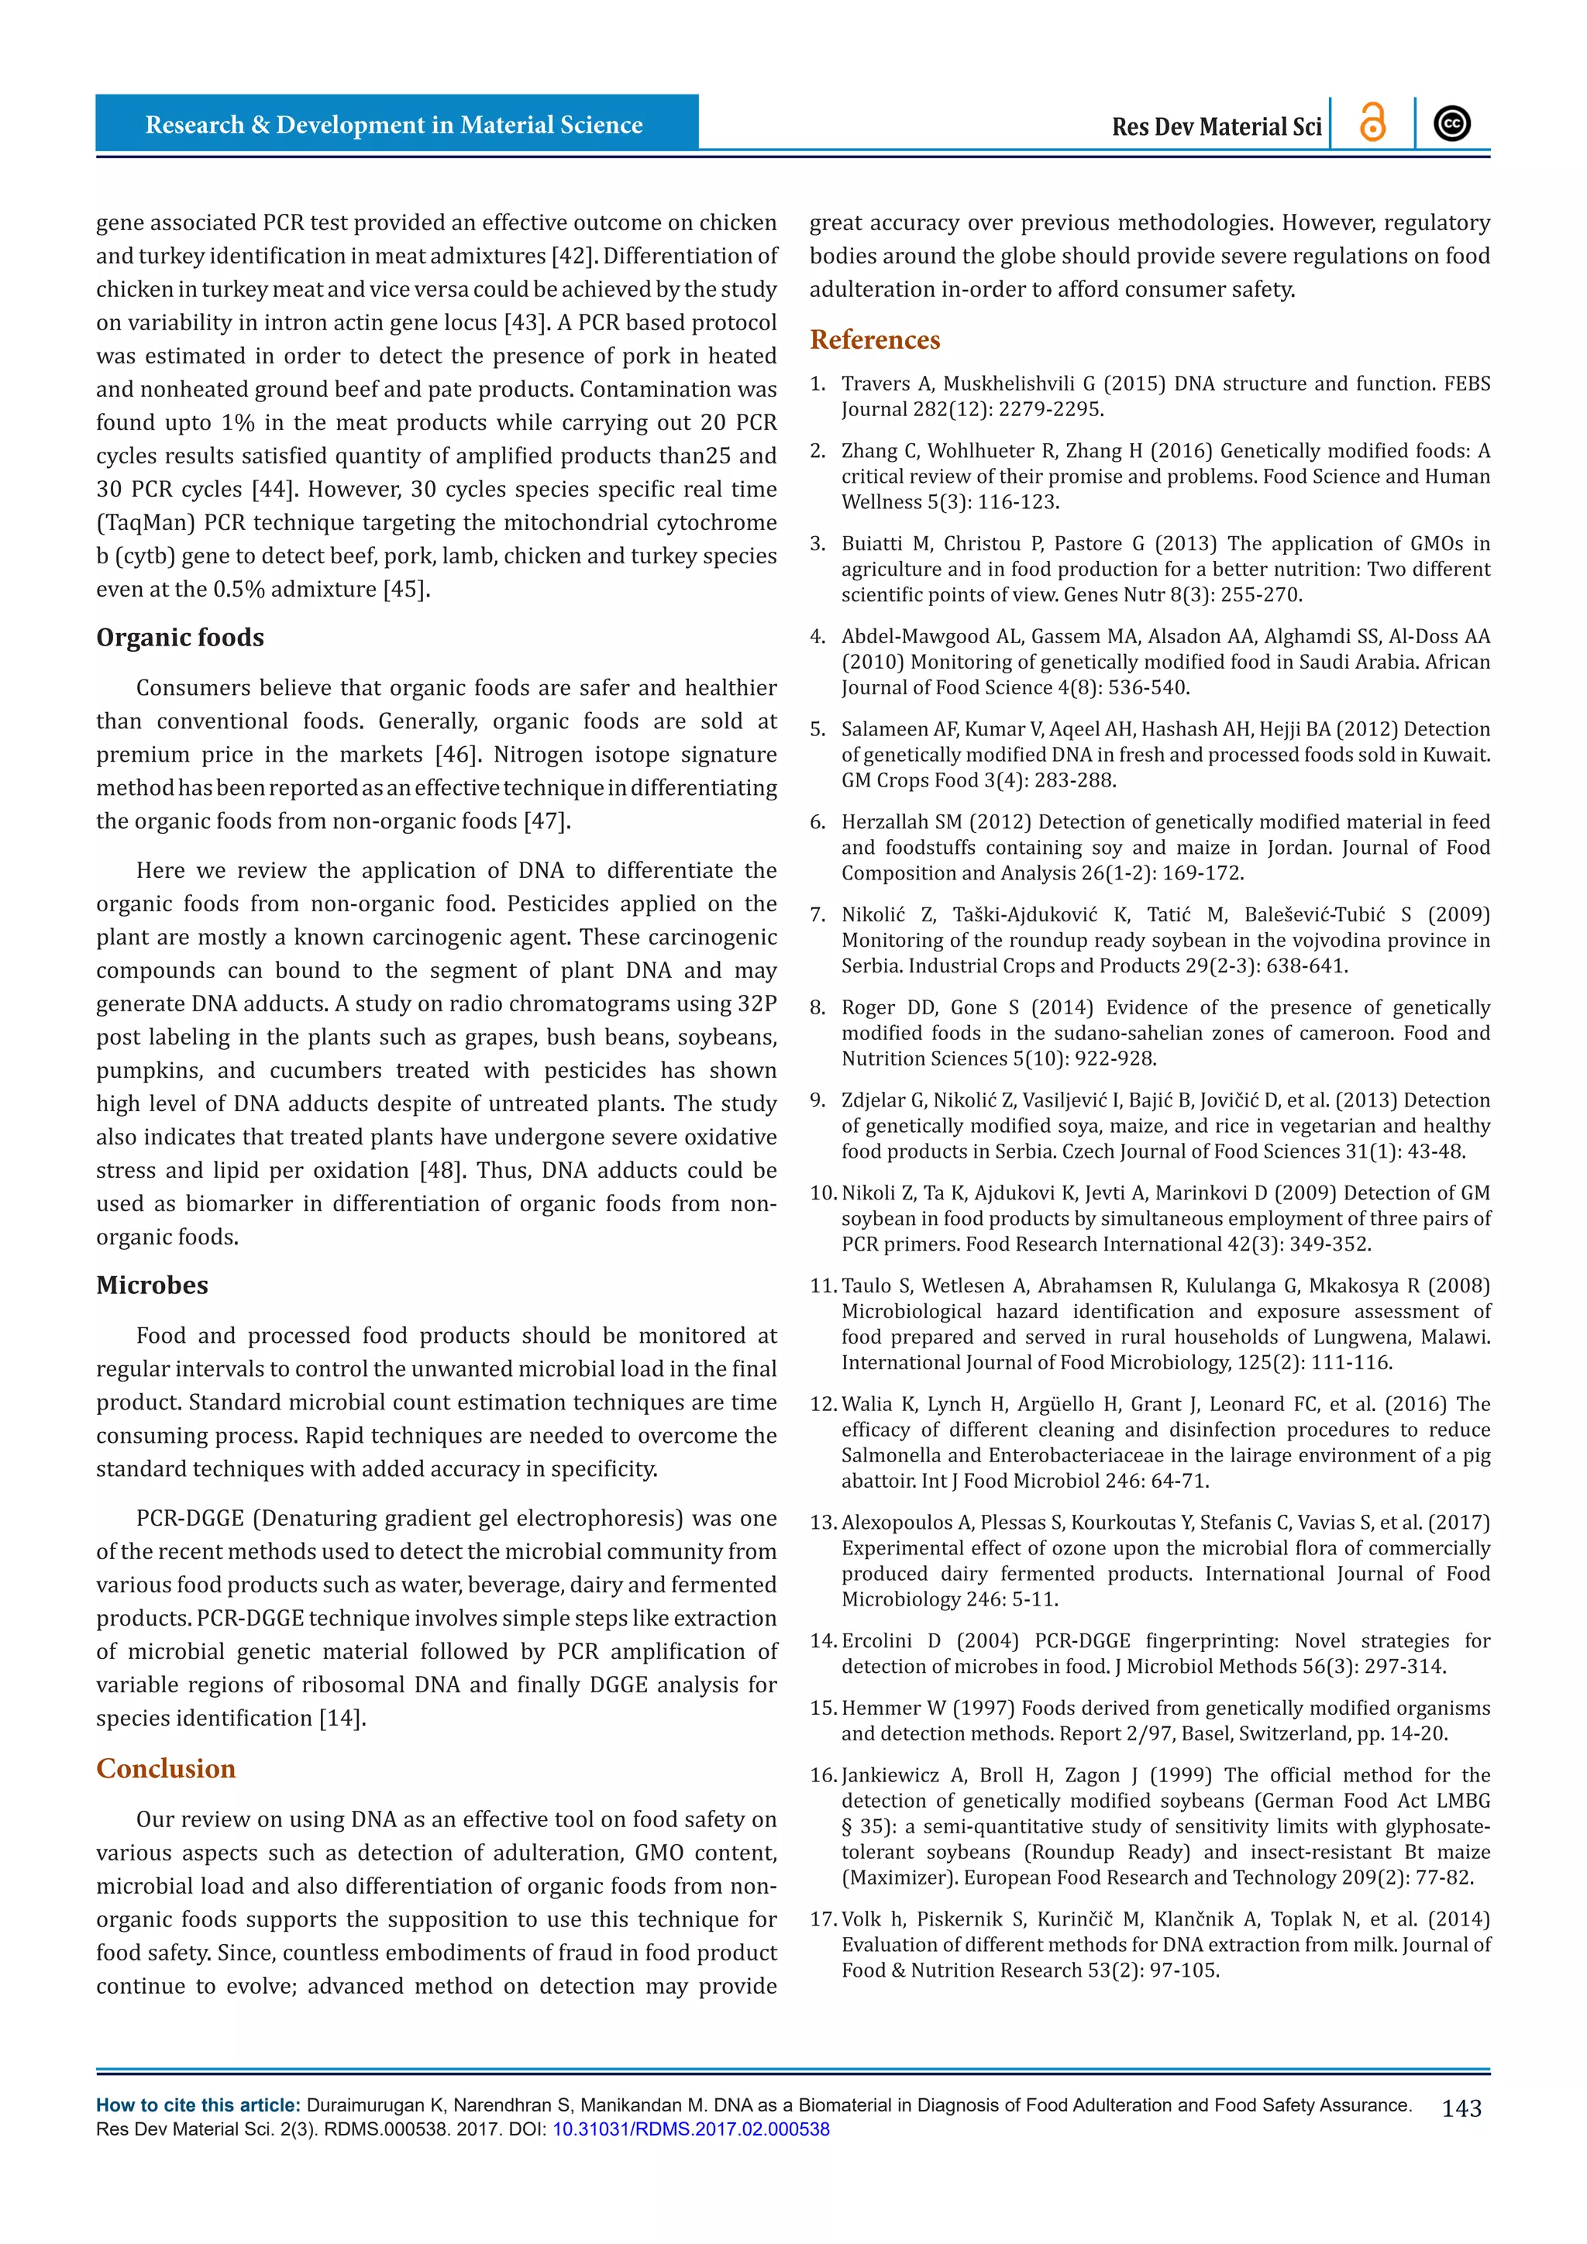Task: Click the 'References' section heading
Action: [x=875, y=340]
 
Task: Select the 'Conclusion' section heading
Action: [x=166, y=1769]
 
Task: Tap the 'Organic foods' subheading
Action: [x=180, y=638]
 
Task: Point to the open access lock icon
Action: [x=1373, y=124]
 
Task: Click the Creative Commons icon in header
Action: [x=1452, y=124]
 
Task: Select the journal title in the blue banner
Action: [x=394, y=125]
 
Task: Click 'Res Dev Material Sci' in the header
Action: [x=1217, y=127]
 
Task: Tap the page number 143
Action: [x=1461, y=2109]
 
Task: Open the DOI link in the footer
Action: [x=691, y=2129]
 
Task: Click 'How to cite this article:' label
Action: [x=198, y=2105]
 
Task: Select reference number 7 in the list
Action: [x=818, y=915]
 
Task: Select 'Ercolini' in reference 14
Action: [x=876, y=1641]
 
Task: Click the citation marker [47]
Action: [x=546, y=821]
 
